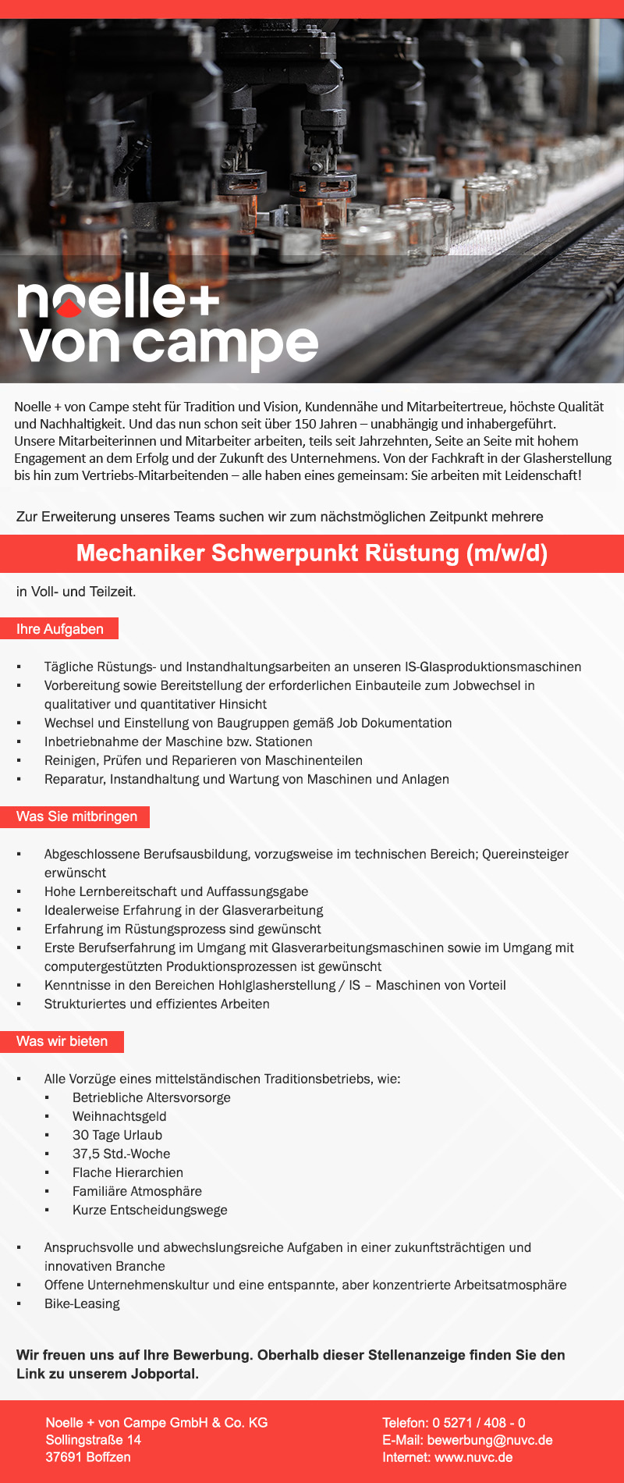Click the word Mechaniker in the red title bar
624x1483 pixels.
(140, 553)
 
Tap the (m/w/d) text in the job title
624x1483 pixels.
(506, 553)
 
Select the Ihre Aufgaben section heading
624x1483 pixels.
(60, 629)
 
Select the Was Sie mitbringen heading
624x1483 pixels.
(76, 816)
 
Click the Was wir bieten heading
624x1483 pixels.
(62, 1041)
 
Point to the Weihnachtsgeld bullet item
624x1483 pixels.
(119, 1116)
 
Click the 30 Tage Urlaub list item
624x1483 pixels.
(117, 1135)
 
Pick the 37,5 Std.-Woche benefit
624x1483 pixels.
(121, 1154)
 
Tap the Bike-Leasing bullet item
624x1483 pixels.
(82, 1303)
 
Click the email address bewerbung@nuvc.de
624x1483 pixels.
(490, 1440)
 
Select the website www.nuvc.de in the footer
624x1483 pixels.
(473, 1457)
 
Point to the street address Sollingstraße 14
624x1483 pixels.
(94, 1440)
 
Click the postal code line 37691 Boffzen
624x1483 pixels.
(88, 1457)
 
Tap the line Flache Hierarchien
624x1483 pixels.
(128, 1172)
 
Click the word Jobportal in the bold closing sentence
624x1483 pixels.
(163, 1374)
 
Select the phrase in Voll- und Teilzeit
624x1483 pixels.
(76, 592)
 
